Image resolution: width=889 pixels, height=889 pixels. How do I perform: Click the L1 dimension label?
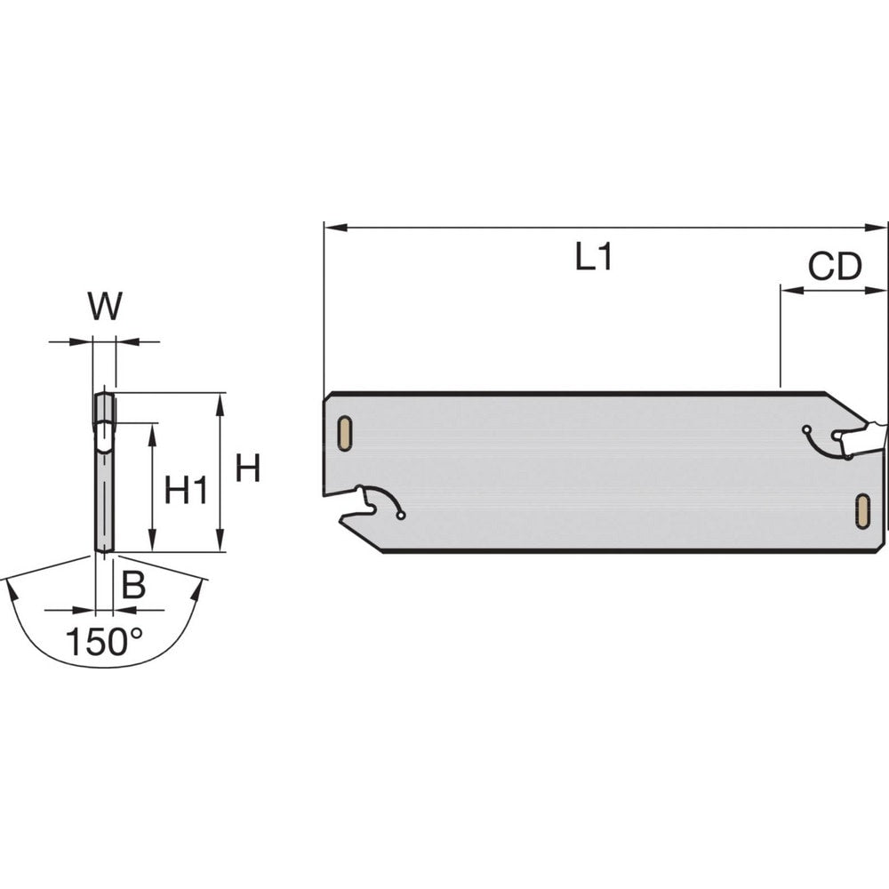[x=593, y=259]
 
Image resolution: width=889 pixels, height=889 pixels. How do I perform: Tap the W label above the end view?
[x=105, y=307]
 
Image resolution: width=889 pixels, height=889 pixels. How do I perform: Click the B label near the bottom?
[x=132, y=585]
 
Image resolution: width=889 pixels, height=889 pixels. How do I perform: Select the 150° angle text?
[x=105, y=641]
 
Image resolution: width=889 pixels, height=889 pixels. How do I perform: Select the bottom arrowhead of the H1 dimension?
[x=153, y=543]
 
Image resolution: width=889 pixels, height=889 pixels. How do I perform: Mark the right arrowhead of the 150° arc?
[x=200, y=587]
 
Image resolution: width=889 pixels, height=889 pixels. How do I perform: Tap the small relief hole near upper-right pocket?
[x=805, y=429]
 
